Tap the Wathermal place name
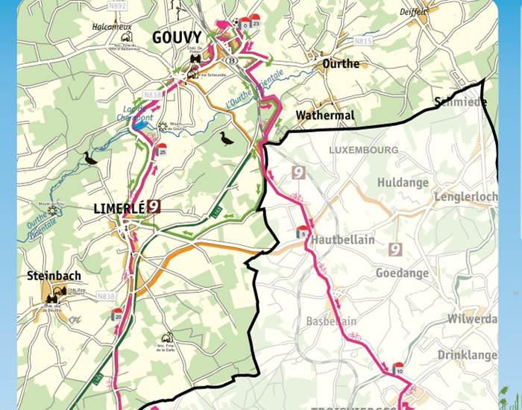coord(324,116)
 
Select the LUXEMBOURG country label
coord(363,150)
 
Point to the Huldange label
coord(403,183)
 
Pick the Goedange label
coord(403,274)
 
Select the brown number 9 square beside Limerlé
coord(154,206)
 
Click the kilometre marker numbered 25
coord(162,151)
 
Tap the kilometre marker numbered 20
coord(118,316)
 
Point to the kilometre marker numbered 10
coord(399,370)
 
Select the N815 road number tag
coord(363,42)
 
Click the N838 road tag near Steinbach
coord(106,296)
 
